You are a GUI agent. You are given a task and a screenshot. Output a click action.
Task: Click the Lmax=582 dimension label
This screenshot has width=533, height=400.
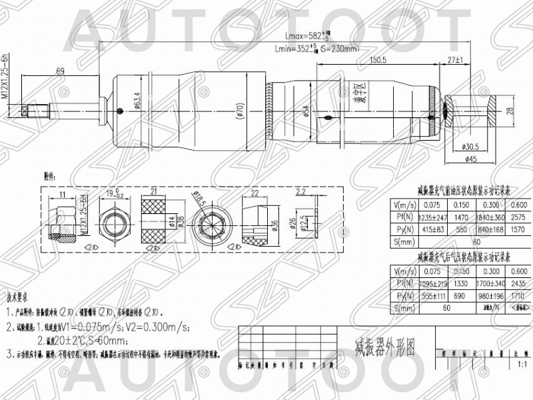[x=300, y=35]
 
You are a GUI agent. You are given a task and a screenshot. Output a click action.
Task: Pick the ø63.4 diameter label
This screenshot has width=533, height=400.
[x=137, y=103]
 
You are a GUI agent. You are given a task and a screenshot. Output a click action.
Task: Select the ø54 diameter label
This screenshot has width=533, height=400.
[x=305, y=111]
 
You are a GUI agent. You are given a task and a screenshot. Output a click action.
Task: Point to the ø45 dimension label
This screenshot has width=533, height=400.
[x=470, y=159]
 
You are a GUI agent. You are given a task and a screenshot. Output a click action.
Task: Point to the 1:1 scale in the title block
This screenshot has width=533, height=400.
[x=520, y=364]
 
